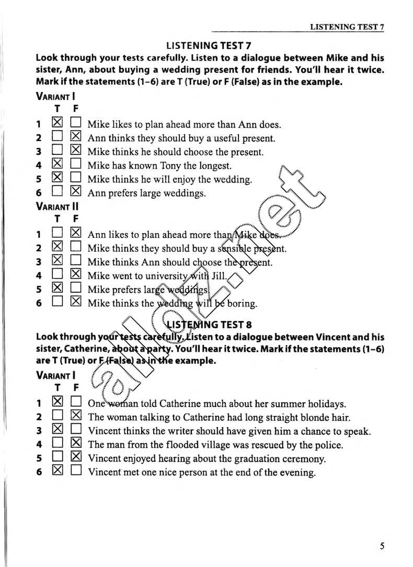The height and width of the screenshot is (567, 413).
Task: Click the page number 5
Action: click(382, 547)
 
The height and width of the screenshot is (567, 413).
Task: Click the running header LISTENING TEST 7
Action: click(347, 27)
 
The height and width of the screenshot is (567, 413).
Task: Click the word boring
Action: click(242, 303)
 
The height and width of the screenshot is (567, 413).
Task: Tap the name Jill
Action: click(219, 276)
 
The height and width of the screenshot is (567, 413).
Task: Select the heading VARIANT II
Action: click(57, 207)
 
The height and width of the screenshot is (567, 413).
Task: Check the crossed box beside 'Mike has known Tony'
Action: click(58, 165)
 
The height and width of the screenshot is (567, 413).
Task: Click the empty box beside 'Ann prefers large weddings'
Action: click(58, 192)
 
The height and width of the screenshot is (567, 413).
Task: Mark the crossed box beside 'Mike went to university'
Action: click(76, 275)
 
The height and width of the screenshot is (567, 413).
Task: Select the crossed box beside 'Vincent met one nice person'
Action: click(58, 471)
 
